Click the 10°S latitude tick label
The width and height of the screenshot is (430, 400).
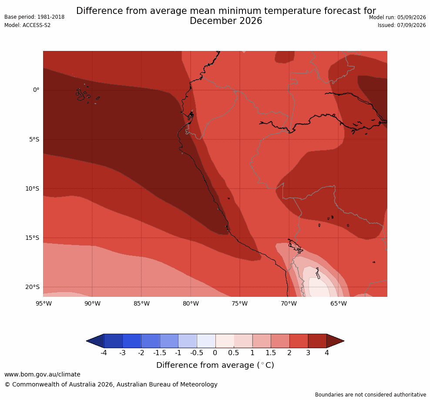click(32, 189)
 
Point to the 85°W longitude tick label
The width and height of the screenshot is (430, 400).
click(141, 303)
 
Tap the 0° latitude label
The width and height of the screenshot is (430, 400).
click(36, 90)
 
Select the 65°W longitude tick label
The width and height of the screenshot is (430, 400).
click(339, 303)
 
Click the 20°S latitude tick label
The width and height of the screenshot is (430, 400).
click(32, 287)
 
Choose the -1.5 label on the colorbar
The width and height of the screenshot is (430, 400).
click(160, 353)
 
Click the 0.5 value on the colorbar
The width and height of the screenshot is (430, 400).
click(234, 353)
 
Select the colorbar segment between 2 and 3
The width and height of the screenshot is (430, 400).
click(299, 341)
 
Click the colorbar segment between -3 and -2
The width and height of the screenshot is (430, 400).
click(132, 341)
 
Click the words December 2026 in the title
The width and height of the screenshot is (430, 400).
click(226, 21)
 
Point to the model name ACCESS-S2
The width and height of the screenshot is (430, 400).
click(37, 25)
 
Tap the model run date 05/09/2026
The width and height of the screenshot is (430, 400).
click(411, 17)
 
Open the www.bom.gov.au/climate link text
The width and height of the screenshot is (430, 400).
click(43, 374)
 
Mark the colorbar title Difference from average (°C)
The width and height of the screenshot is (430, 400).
click(215, 365)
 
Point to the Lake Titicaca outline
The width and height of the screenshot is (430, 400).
click(296, 246)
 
